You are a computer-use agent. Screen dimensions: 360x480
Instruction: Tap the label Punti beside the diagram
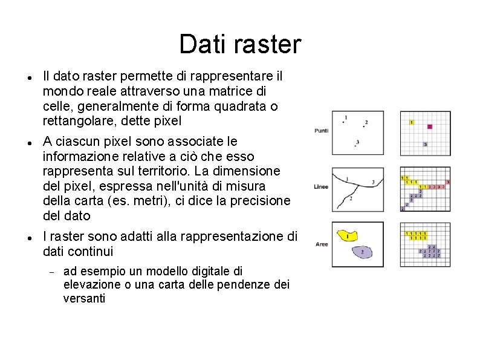321,131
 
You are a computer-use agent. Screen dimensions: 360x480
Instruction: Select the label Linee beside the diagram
321,186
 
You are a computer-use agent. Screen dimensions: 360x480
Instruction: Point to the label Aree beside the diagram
321,244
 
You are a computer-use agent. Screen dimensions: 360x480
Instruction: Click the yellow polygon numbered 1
346,235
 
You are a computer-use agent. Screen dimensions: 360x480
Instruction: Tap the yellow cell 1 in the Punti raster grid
412,122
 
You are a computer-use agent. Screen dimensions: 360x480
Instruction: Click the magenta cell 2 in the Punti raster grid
429,127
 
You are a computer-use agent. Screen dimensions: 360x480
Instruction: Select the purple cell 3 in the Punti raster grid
426,145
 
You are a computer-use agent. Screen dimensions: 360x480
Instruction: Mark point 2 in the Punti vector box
365,124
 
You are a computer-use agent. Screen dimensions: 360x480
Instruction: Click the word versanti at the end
84,298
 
